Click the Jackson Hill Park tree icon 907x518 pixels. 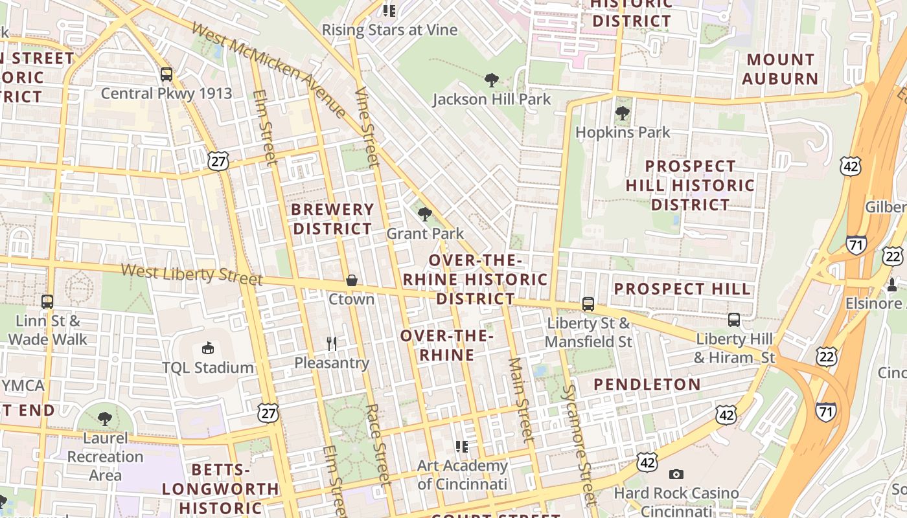coord(492,80)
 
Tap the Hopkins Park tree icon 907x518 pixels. coord(623,113)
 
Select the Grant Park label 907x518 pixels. coord(425,234)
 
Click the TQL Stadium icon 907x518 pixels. coord(207,348)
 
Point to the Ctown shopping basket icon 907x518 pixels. coord(351,280)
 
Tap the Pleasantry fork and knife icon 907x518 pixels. coord(332,343)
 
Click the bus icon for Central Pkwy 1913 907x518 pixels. coord(166,74)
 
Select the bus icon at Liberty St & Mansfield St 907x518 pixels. coord(588,304)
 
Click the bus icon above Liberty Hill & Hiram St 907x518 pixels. coord(734,319)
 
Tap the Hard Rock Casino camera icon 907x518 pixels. coord(676,475)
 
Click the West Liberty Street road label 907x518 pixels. coord(192,274)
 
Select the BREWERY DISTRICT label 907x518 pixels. coord(332,219)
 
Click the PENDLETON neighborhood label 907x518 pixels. coord(647,385)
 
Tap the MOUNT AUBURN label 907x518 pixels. coord(780,69)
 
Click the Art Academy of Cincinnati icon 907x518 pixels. coord(461,446)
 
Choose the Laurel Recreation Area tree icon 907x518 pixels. coord(105,419)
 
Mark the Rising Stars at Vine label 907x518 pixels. coord(389,30)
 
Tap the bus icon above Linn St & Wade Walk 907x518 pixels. coord(47,301)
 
